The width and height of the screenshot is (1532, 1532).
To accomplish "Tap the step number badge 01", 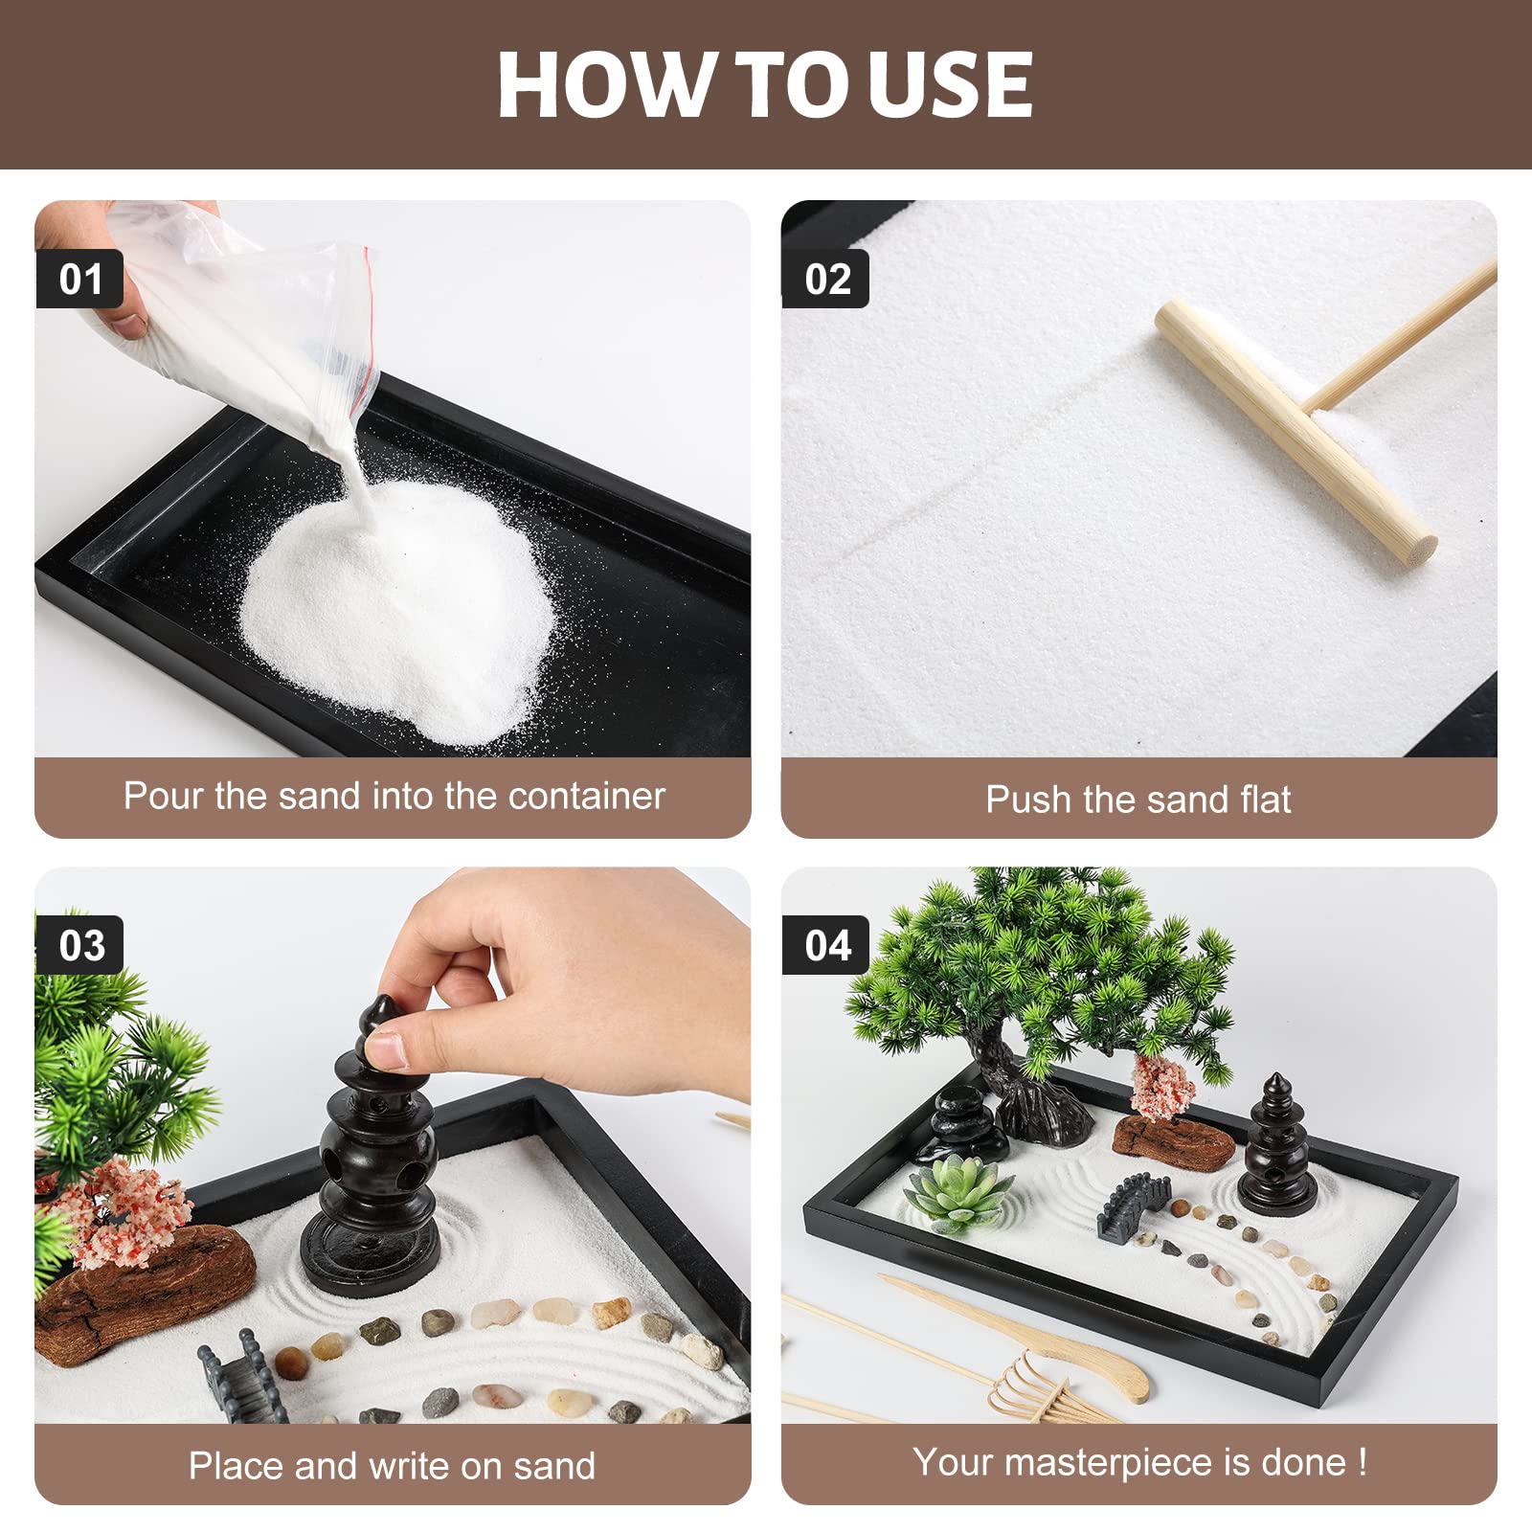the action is pos(80,279).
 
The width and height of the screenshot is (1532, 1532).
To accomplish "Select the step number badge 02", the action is pos(826,279).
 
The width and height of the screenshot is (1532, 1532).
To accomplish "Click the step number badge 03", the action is pos(80,945).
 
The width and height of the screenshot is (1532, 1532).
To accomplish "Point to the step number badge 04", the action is pos(826,945).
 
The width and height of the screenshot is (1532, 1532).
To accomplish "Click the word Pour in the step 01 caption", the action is pos(164,796).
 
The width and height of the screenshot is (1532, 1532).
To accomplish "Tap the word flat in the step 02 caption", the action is pos(1258,799).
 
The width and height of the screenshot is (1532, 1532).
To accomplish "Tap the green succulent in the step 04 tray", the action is pos(959,1192).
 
